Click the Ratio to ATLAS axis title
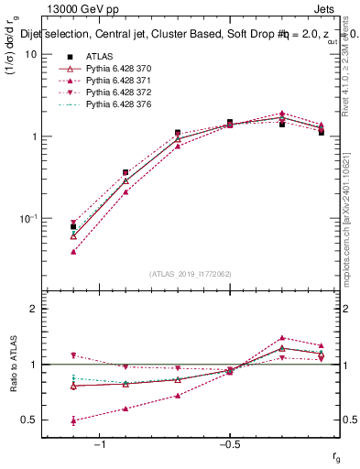[12, 364]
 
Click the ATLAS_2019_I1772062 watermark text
[191, 274]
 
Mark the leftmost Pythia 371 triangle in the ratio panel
[73, 420]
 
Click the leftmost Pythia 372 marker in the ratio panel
[73, 355]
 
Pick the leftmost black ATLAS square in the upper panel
[73, 226]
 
